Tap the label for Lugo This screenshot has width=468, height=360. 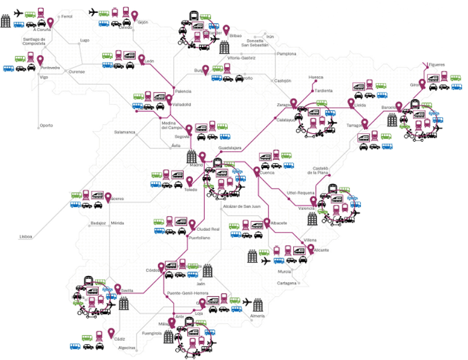pyautogui.click(x=85, y=40)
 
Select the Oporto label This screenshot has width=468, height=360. pyautogui.click(x=46, y=125)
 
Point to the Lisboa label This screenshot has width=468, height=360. pyautogui.click(x=27, y=237)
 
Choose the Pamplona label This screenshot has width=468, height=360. pyautogui.click(x=286, y=54)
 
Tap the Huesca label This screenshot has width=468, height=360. pyautogui.click(x=316, y=77)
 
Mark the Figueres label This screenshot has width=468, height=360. pyautogui.click(x=436, y=65)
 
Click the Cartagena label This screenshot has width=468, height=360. pyautogui.click(x=286, y=283)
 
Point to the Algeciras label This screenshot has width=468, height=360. pyautogui.click(x=127, y=348)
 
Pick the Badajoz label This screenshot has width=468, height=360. pyautogui.click(x=98, y=223)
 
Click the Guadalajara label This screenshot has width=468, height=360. pyautogui.click(x=229, y=148)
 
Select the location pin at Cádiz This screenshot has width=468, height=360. pyautogui.click(x=112, y=332)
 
